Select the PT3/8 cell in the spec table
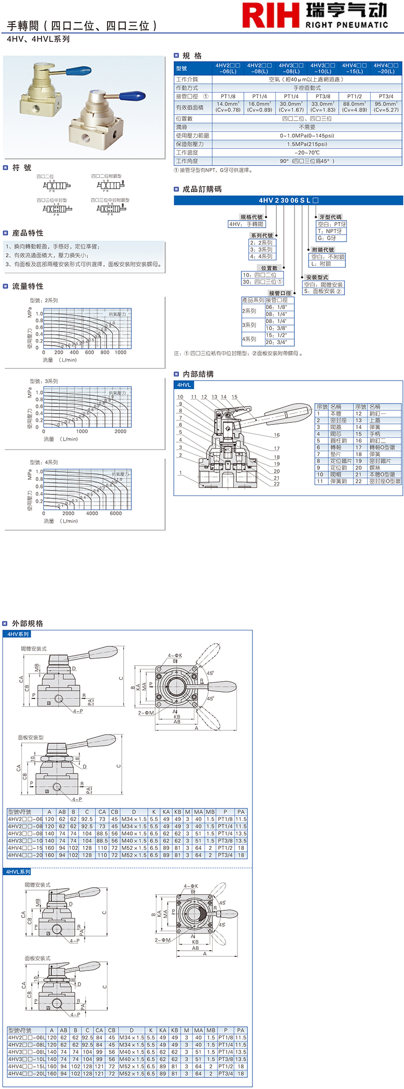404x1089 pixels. pos(323,96)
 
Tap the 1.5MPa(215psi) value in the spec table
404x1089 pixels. pos(307,144)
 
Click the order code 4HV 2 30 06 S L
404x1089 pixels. pos(284,200)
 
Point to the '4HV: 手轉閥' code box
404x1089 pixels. pos(246,224)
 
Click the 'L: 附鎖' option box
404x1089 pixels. pos(321,264)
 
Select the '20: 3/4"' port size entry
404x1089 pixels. pos(276,342)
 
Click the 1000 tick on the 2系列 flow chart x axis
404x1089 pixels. pos(120,352)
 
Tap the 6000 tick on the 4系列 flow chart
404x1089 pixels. pos(116,513)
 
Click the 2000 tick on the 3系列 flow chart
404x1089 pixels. pos(120,431)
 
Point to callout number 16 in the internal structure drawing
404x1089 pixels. pos(277,434)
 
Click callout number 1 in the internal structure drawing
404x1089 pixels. pos(180,473)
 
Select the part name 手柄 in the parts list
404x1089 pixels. pos(375,434)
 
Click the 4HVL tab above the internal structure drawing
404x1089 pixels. pos(184,385)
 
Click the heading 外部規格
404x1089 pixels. pos(27,623)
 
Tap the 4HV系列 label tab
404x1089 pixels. pos(18,634)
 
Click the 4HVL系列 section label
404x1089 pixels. pos(18,872)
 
